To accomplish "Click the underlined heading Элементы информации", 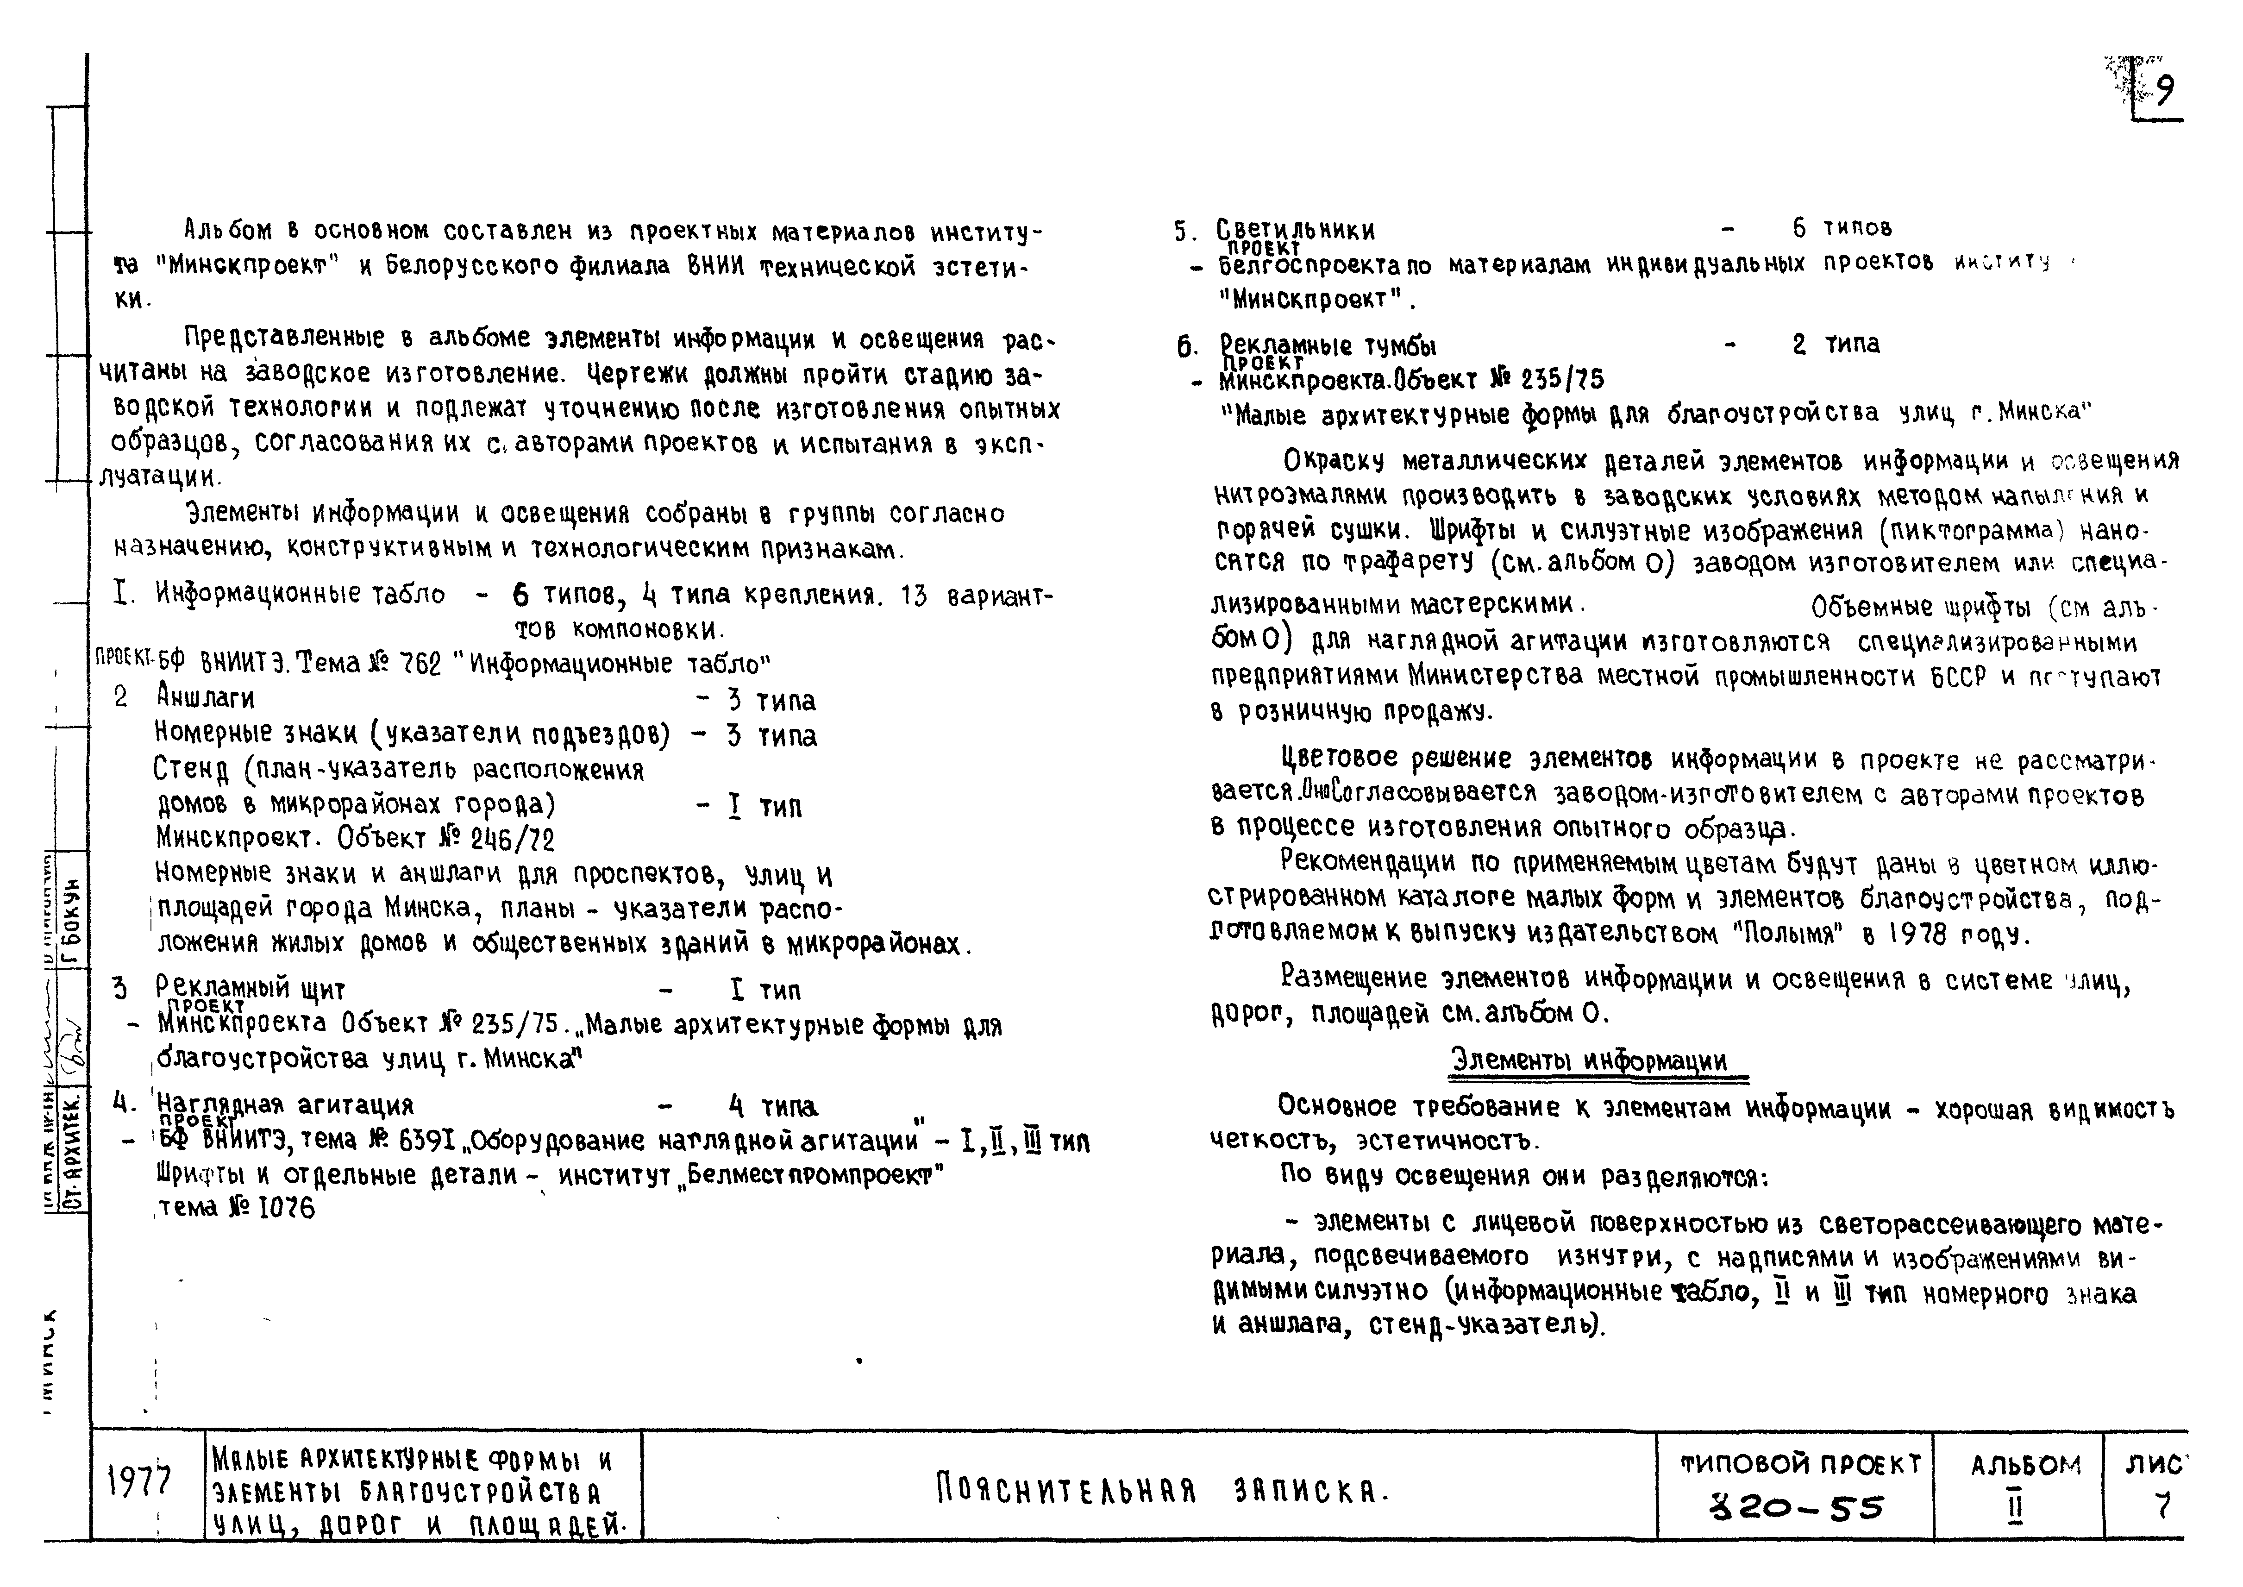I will pos(1588,1060).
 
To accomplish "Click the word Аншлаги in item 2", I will pos(205,698).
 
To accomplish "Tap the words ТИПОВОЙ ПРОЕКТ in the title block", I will pos(1799,1464).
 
